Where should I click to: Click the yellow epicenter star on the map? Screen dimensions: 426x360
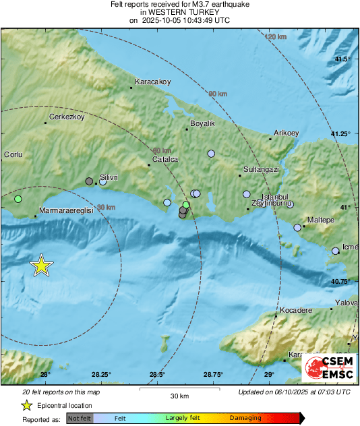click(x=42, y=266)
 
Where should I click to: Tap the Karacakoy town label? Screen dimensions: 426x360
click(x=153, y=82)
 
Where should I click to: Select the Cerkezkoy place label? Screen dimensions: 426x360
click(x=65, y=117)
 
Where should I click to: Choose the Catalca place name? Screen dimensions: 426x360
click(x=165, y=159)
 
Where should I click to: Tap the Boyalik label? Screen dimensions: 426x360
click(x=203, y=124)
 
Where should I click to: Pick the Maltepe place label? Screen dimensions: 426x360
click(x=320, y=220)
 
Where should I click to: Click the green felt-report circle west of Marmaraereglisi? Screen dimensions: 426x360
click(x=18, y=199)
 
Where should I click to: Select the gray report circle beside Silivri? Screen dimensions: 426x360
click(x=89, y=181)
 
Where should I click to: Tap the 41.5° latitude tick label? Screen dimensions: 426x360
click(x=343, y=60)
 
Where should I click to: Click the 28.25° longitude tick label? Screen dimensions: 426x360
click(x=101, y=375)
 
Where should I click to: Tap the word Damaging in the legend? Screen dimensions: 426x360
click(x=245, y=418)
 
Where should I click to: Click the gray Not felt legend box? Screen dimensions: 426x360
click(x=80, y=418)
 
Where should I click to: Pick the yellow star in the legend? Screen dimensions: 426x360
click(x=26, y=405)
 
